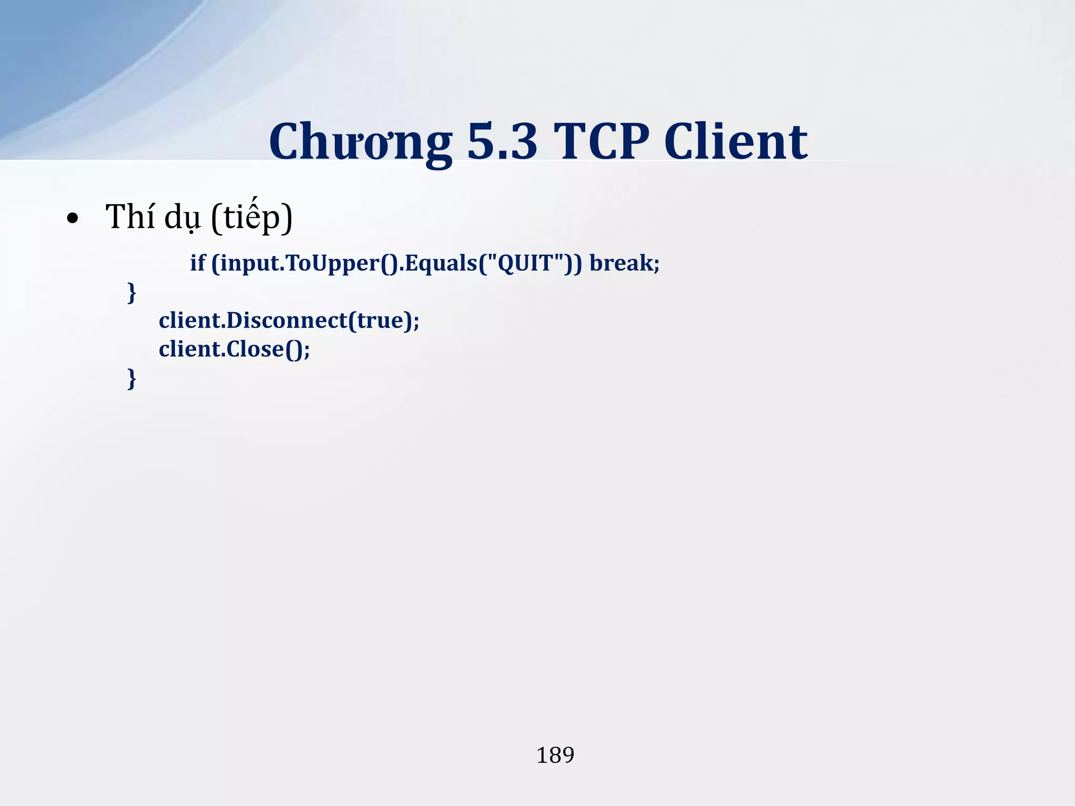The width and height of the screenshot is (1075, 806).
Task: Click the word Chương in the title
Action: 361,142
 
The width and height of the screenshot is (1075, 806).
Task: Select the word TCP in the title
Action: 599,142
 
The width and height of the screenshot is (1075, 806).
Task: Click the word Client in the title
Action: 735,142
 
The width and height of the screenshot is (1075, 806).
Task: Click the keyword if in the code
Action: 197,262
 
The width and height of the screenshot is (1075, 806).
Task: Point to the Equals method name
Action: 440,262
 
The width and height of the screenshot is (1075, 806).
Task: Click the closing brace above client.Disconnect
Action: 132,292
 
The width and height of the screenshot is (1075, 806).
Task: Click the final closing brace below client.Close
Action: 132,378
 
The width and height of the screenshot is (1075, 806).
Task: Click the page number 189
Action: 555,755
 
